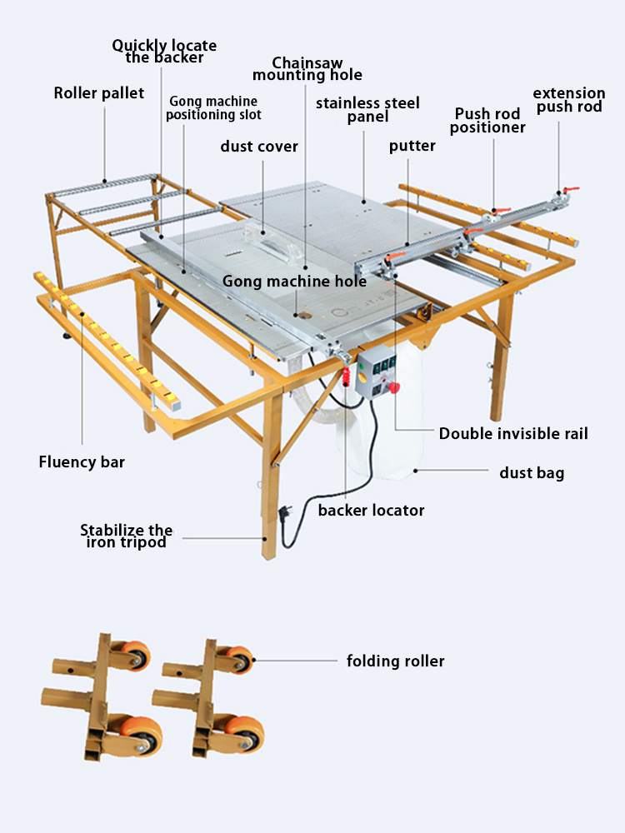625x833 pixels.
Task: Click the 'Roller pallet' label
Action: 99,93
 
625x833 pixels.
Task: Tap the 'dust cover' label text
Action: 259,147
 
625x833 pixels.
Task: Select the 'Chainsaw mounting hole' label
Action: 307,69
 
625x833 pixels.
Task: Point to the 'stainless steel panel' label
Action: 367,110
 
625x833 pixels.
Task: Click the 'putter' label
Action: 412,147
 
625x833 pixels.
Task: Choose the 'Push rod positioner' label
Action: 487,121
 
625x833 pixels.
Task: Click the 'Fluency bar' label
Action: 82,461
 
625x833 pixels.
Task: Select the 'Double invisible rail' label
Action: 513,434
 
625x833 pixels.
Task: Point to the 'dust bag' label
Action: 532,473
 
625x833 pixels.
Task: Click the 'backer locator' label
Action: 371,510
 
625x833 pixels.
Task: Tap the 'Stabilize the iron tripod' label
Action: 126,536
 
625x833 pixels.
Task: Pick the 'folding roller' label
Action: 395,661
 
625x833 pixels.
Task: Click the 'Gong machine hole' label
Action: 294,282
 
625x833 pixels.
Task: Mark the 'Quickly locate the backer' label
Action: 164,51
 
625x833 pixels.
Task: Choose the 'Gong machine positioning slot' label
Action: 213,108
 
